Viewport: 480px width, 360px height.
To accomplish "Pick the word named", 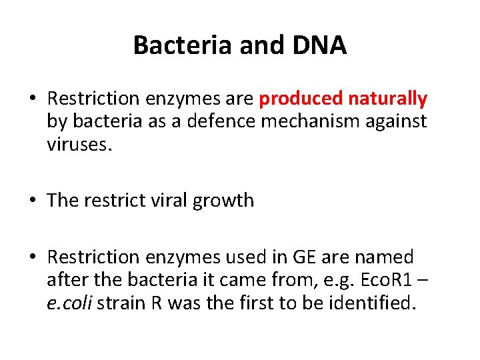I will pyautogui.click(x=385, y=257).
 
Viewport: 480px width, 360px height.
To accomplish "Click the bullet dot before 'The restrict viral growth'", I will pyautogui.click(x=33, y=201).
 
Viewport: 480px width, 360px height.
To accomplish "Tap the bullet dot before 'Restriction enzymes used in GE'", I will pyautogui.click(x=33, y=257).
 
